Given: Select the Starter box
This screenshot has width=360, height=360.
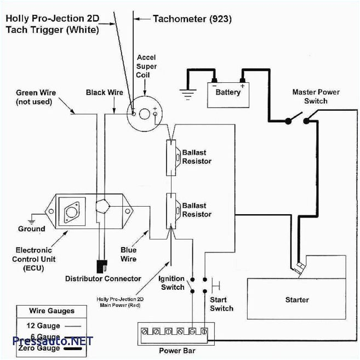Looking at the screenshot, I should [296, 300].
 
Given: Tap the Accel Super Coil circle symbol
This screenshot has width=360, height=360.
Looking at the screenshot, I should [144, 113].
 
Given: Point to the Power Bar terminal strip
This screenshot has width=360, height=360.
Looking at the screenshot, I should [175, 332].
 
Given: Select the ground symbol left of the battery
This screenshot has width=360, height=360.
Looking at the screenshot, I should [188, 95].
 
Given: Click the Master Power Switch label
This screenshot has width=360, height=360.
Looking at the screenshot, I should [316, 96].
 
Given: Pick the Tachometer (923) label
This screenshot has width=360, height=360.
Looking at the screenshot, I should [192, 19].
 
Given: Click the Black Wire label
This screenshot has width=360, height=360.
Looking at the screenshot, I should [104, 93].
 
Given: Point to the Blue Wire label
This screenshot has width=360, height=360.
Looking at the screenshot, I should [129, 254].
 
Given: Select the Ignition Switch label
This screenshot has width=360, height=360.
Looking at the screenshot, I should [172, 283].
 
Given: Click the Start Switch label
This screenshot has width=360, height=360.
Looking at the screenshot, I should [221, 304].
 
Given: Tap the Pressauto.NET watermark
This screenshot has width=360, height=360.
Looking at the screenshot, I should [53, 341].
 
